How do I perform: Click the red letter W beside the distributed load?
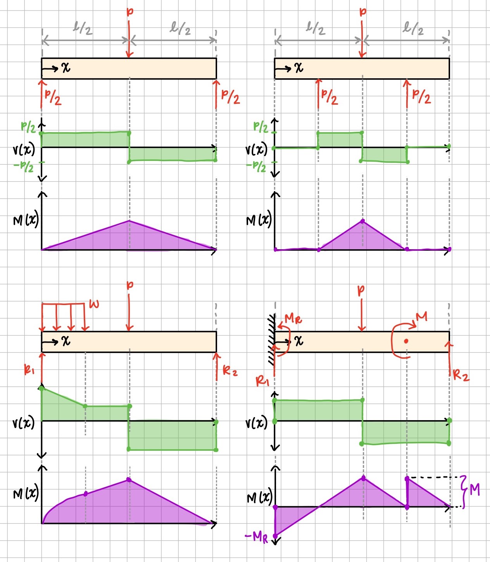click(94, 304)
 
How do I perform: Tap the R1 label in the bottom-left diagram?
click(29, 371)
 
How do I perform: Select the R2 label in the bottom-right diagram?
click(461, 375)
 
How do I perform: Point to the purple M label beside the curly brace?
click(475, 490)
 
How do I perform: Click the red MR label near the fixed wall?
click(293, 319)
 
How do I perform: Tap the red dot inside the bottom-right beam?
click(406, 341)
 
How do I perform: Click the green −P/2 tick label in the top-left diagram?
click(24, 167)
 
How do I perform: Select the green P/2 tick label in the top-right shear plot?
click(261, 127)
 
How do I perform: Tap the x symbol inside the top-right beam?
click(298, 68)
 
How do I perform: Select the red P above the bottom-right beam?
click(361, 290)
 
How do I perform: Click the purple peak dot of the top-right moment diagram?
click(362, 221)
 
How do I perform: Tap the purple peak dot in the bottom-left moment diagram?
click(129, 480)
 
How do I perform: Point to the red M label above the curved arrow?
click(421, 317)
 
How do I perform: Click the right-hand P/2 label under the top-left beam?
click(230, 97)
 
